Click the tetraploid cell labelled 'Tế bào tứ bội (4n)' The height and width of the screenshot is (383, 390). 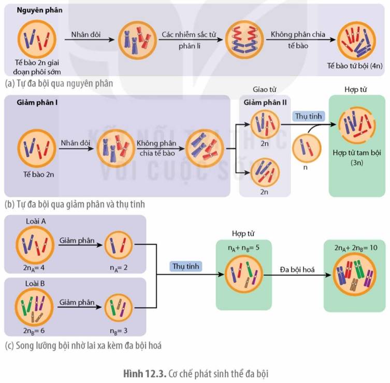click(356, 40)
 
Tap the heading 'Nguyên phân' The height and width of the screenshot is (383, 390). click(39, 10)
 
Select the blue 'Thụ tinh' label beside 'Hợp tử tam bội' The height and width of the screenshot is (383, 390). click(308, 116)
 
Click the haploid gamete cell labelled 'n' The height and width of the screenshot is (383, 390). click(307, 148)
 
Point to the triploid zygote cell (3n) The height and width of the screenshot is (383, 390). click(357, 126)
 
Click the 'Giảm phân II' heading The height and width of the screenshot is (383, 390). click(265, 102)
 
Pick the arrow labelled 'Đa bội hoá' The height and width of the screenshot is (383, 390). click(297, 275)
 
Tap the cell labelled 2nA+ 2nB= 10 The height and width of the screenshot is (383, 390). click(354, 276)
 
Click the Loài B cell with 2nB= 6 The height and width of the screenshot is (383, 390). click(34, 307)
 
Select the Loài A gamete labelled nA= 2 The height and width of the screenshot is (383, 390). click(119, 245)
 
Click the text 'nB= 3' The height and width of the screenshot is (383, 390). click(119, 331)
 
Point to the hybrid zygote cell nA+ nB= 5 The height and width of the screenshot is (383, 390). click(244, 275)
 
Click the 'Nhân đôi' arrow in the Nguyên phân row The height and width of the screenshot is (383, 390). click(90, 39)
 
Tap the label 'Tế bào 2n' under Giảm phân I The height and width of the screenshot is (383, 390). click(39, 174)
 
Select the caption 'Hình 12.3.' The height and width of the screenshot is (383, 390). click(145, 374)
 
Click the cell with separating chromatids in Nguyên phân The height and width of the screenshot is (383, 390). click(244, 40)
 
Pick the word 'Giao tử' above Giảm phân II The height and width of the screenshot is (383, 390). click(265, 89)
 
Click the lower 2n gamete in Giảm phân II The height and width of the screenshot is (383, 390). click(265, 172)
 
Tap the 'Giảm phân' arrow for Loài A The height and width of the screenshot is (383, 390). click(80, 245)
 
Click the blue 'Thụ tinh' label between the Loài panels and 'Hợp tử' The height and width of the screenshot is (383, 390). click(186, 266)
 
